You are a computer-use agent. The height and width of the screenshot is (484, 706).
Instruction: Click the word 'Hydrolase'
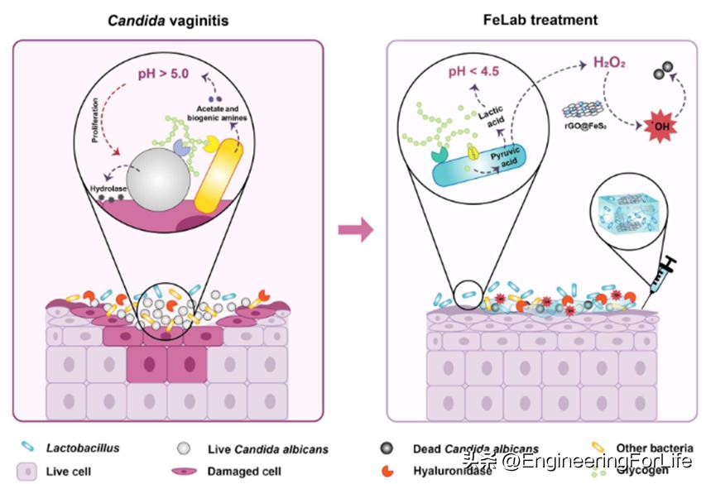109,188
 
